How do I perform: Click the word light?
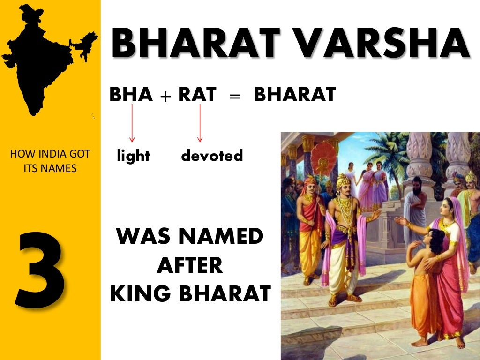(x=134, y=156)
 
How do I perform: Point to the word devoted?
(x=212, y=156)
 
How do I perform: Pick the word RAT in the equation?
(x=197, y=95)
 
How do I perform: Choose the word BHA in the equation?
(x=131, y=95)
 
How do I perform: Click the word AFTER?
(x=190, y=266)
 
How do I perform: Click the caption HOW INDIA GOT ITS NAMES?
(x=50, y=160)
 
